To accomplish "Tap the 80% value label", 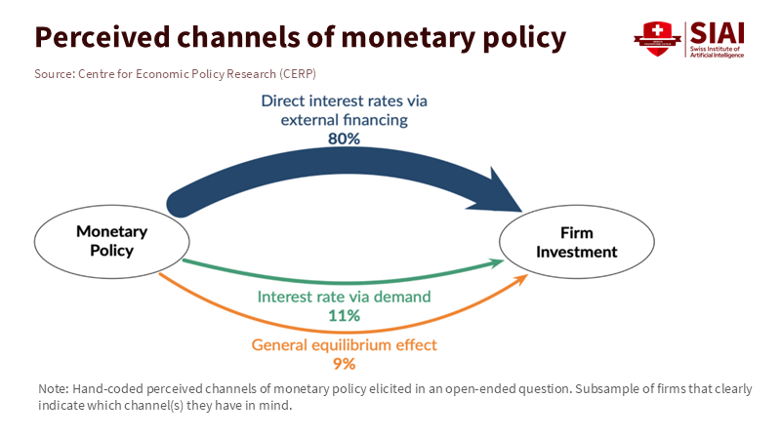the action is click(344, 139).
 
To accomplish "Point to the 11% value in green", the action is click(344, 315).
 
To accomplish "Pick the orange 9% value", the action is click(345, 364).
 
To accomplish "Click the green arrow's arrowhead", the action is click(497, 262).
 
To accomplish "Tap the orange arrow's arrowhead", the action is click(520, 280).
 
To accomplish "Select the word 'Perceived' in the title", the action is click(103, 37).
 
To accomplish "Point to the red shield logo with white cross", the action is click(657, 38).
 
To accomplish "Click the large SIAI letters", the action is click(718, 33).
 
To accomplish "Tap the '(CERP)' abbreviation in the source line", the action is click(298, 74).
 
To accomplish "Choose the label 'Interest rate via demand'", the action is click(344, 297).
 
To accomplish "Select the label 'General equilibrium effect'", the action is click(344, 345).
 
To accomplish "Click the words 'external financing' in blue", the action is click(344, 120).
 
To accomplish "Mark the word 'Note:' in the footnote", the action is click(54, 388).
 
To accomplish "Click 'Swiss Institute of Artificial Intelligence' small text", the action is click(717, 52).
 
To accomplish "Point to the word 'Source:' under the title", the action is click(55, 74).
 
